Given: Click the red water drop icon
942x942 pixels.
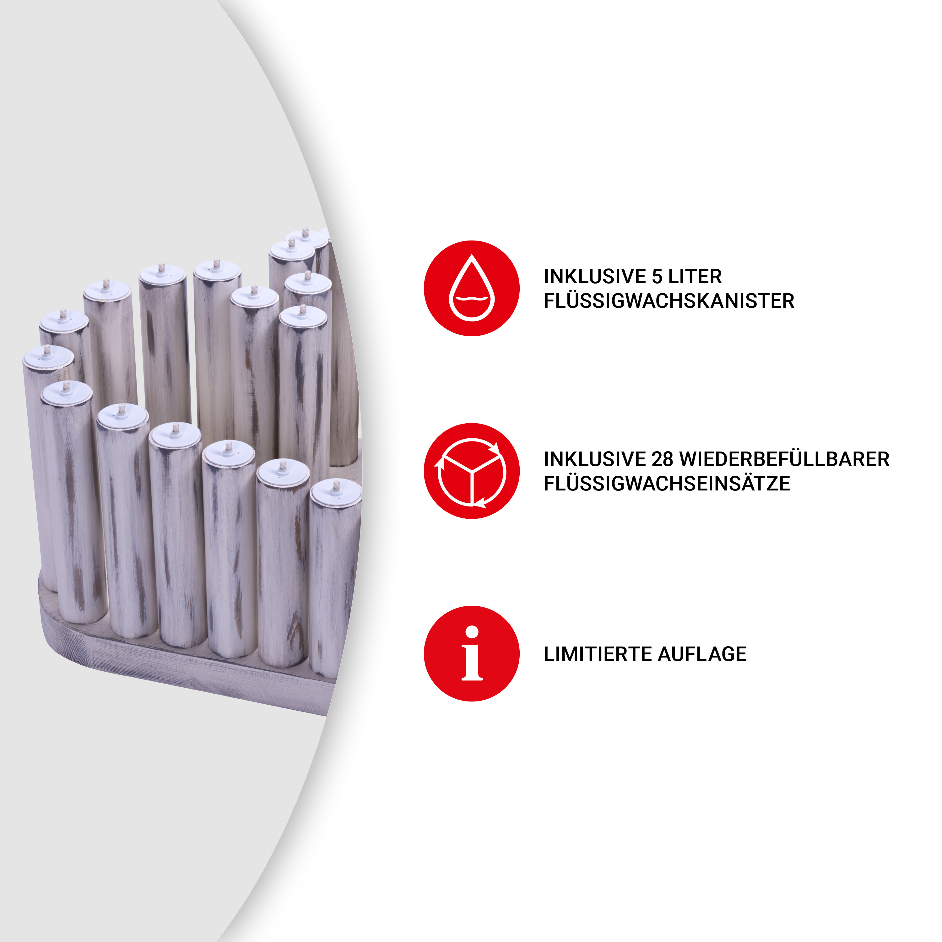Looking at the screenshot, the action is tap(472, 288).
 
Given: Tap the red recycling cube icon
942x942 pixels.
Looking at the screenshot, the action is tap(472, 471).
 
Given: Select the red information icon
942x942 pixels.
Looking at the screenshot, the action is tap(472, 654).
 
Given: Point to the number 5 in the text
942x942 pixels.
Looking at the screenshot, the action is tap(657, 276).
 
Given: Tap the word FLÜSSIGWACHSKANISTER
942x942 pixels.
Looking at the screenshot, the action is tap(669, 301).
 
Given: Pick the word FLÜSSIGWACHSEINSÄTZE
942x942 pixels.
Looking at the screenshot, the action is tap(667, 484).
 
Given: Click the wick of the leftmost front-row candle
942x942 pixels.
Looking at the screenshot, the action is tap(66, 387).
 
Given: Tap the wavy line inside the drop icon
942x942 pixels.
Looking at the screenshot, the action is tap(472, 298).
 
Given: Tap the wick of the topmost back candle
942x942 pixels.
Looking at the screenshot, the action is tap(305, 233).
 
